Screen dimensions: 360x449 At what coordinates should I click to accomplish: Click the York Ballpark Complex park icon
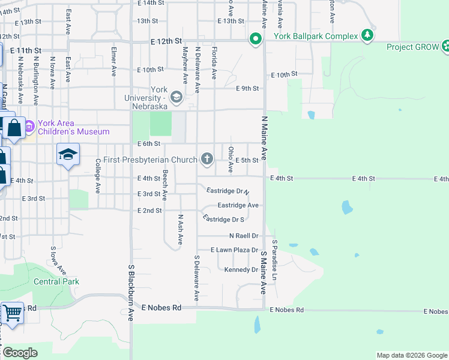[x=367, y=36]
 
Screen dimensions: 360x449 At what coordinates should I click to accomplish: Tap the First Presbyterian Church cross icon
[x=206, y=159]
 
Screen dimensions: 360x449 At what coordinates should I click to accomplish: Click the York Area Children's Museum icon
[x=29, y=127]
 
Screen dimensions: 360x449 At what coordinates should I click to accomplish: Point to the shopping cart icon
[x=12, y=313]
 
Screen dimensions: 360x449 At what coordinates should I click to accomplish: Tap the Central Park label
[x=56, y=281]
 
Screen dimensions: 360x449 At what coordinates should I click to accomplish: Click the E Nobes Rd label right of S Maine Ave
[x=287, y=310]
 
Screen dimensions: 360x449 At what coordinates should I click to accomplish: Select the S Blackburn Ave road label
[x=130, y=292]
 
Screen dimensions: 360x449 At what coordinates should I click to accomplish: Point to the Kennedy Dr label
[x=241, y=270]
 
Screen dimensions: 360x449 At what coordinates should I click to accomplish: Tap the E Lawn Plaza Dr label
[x=234, y=250]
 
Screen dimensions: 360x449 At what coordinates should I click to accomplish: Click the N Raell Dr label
[x=243, y=236]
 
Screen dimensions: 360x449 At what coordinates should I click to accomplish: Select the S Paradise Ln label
[x=275, y=260]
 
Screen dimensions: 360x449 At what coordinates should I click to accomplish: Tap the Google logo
[x=19, y=353]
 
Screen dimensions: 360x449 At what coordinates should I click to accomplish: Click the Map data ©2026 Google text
[x=411, y=355]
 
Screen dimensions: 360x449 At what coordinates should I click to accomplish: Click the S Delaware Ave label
[x=196, y=278]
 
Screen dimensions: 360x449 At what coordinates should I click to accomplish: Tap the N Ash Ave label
[x=179, y=229]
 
